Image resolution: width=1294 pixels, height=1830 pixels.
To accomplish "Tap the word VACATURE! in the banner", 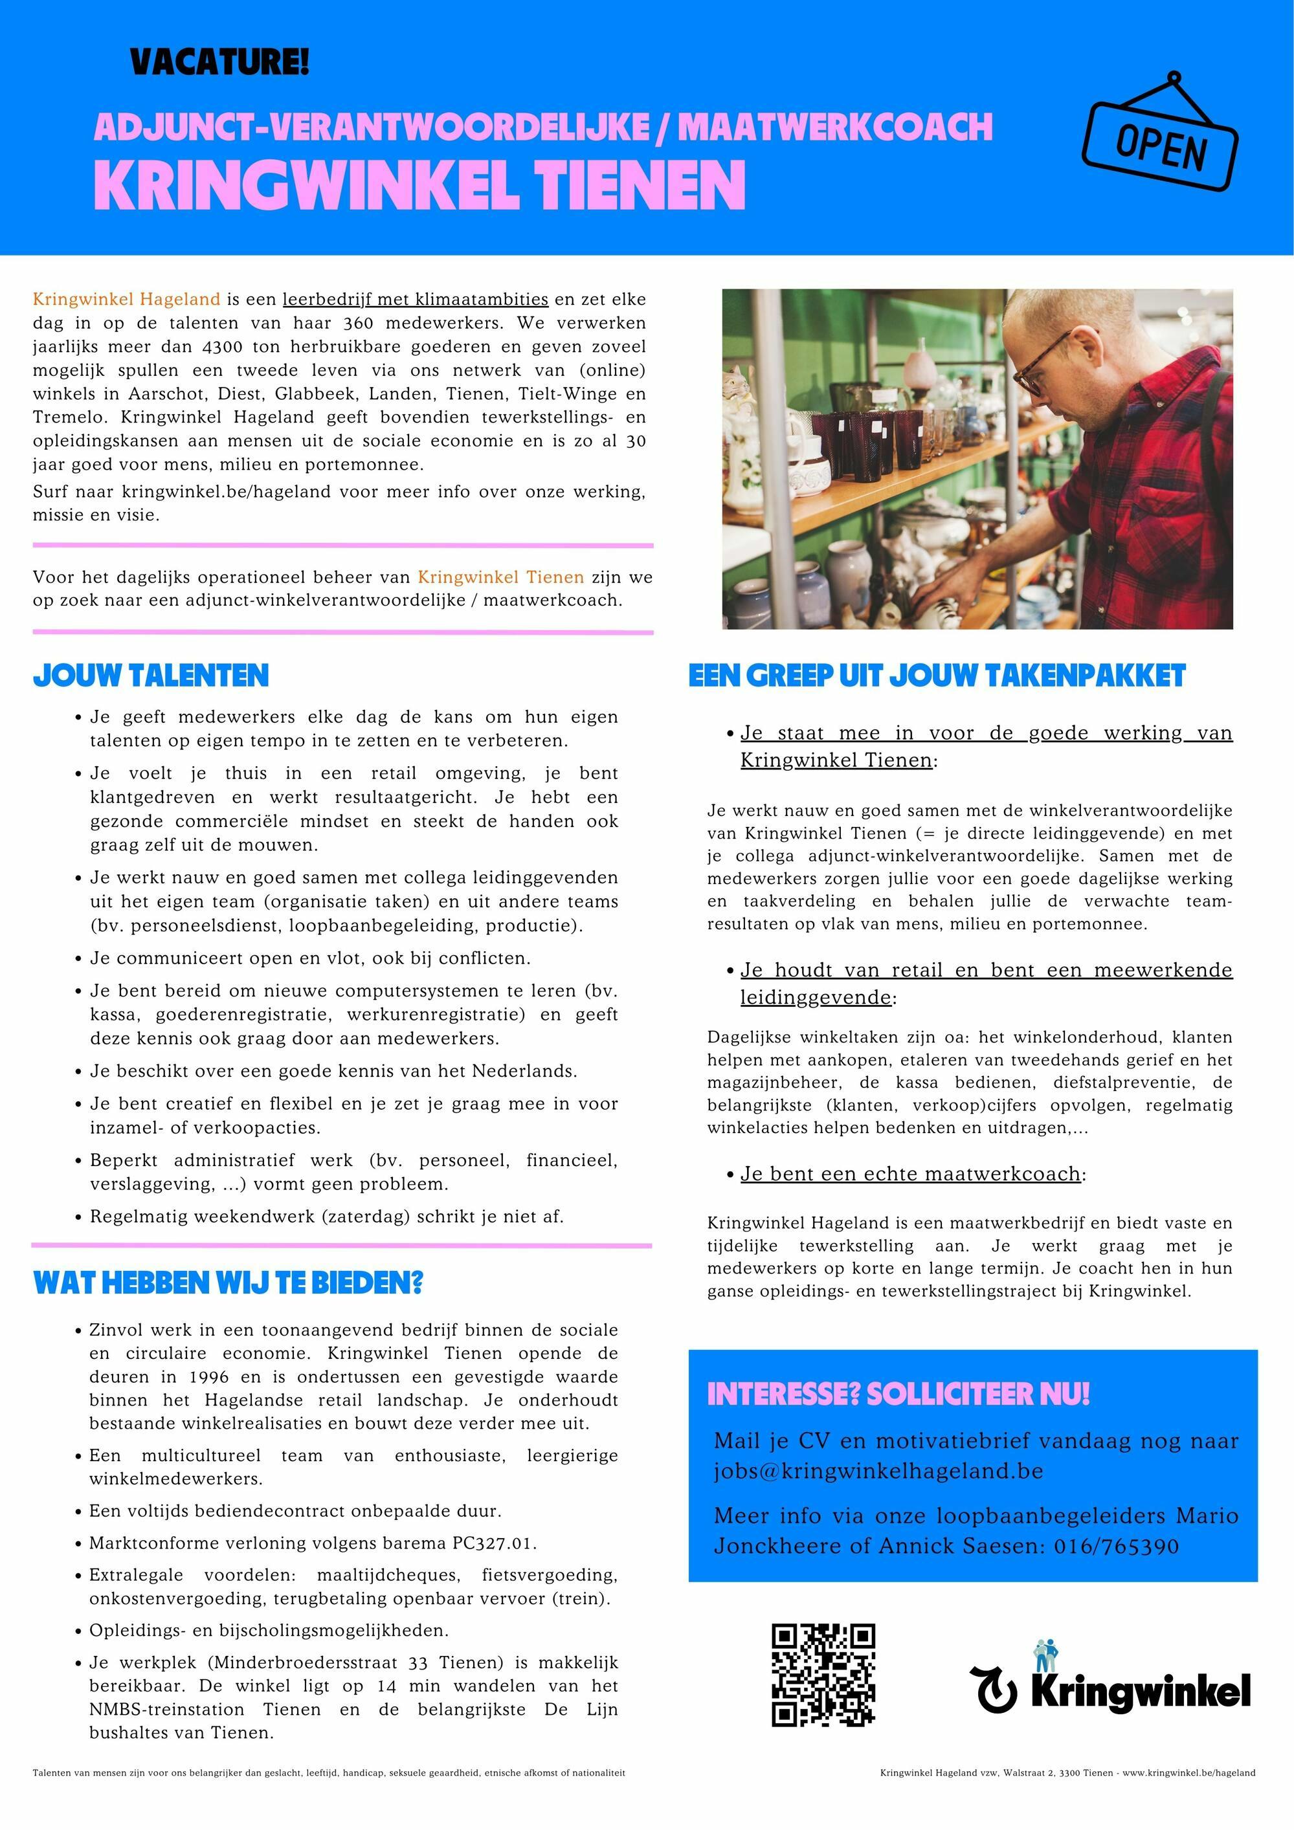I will [219, 62].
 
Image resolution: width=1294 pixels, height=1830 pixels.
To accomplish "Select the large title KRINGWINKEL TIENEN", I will [419, 185].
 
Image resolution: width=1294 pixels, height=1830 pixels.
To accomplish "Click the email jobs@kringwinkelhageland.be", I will [878, 1470].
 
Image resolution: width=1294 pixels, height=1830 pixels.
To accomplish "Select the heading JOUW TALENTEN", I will [151, 676].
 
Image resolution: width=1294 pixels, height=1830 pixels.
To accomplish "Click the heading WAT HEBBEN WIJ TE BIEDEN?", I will [228, 1283].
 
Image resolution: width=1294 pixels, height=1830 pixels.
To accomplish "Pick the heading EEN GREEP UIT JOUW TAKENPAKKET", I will [937, 676].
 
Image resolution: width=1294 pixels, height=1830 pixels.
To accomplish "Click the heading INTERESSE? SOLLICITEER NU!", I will [898, 1394].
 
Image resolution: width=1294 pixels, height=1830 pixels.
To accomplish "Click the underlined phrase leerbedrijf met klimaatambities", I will [416, 300].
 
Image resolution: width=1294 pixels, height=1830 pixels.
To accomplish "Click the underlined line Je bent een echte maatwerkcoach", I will [911, 1174].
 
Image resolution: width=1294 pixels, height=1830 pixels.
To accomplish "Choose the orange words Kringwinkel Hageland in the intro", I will [126, 300].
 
